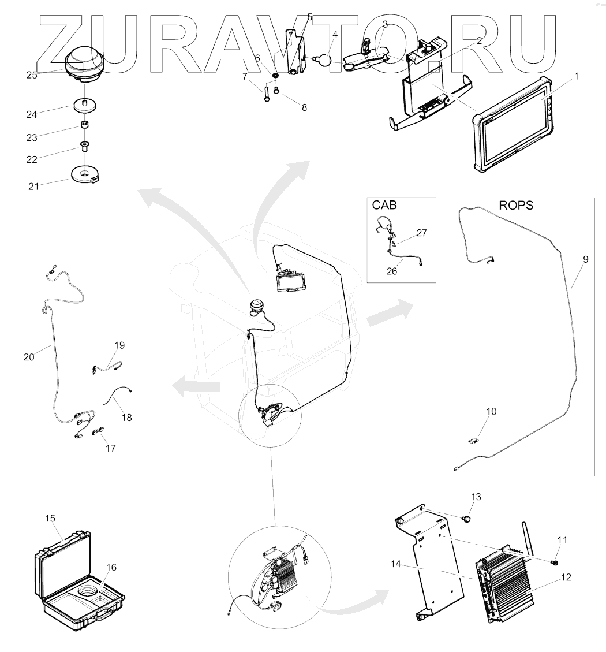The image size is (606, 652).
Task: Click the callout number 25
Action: (31, 74)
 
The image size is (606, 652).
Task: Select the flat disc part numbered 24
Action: (84, 107)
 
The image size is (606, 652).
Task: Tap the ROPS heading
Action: (516, 206)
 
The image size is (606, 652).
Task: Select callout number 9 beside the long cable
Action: (585, 260)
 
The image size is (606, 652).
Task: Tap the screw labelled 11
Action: (556, 560)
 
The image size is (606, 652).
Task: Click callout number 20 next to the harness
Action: (29, 357)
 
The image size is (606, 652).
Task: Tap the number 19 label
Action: (119, 345)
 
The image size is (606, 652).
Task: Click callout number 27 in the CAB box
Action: (421, 233)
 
